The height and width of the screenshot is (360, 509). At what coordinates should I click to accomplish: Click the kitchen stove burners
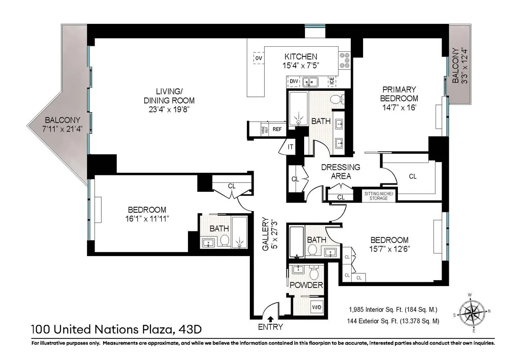tap(344, 60)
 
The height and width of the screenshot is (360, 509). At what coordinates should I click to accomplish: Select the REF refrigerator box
tap(277, 129)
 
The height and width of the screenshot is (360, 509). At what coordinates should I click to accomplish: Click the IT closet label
tap(291, 147)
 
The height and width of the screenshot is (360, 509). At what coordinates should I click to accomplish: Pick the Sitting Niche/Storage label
tap(379, 196)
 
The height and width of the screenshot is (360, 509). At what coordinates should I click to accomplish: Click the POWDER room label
tap(306, 285)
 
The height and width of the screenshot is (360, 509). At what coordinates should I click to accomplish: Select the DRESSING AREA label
tap(341, 171)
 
